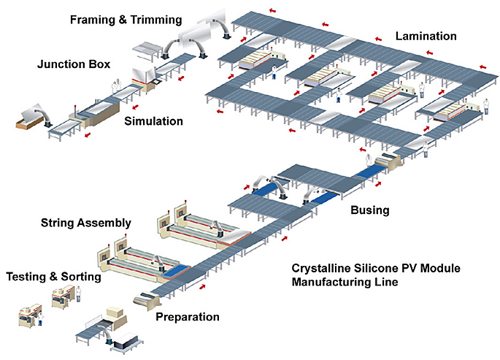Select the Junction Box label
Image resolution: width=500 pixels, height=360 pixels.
(x=74, y=65)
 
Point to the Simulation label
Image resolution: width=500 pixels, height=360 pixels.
(x=153, y=120)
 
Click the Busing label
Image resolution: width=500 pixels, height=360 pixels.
(x=370, y=210)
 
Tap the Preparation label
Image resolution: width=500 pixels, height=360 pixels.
(x=187, y=317)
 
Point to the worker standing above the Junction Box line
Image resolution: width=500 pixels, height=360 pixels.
(x=115, y=85)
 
